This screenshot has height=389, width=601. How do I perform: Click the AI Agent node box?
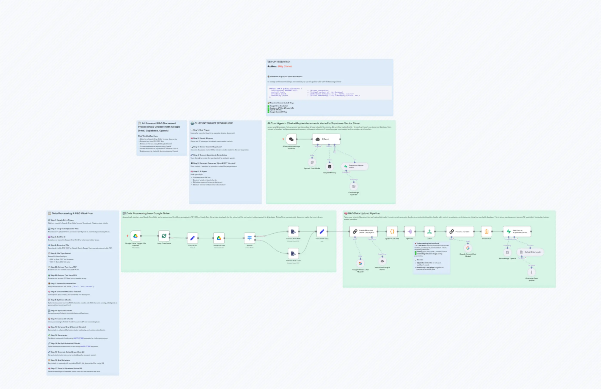pos(326,139)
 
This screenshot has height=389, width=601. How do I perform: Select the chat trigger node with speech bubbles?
pos(291,139)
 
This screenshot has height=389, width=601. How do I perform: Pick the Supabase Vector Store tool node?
pos(355,166)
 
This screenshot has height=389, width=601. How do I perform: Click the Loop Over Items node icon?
pos(164,236)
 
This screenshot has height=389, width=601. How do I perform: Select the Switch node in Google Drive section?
pos(250,238)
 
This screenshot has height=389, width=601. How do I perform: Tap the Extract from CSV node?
pos(293,253)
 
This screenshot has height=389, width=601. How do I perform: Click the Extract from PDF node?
pos(293,231)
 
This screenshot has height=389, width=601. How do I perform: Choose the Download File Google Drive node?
pos(219,238)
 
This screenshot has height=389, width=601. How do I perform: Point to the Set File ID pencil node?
pos(192,238)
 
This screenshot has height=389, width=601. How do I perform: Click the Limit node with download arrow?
pos(429,231)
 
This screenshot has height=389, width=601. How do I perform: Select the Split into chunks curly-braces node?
pos(392,231)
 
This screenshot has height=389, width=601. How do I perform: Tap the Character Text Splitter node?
pos(532,272)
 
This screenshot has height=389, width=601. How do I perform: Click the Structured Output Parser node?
pos(382,261)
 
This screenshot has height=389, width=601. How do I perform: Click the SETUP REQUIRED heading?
pos(278,62)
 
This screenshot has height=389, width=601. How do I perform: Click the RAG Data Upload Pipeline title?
pos(364,213)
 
